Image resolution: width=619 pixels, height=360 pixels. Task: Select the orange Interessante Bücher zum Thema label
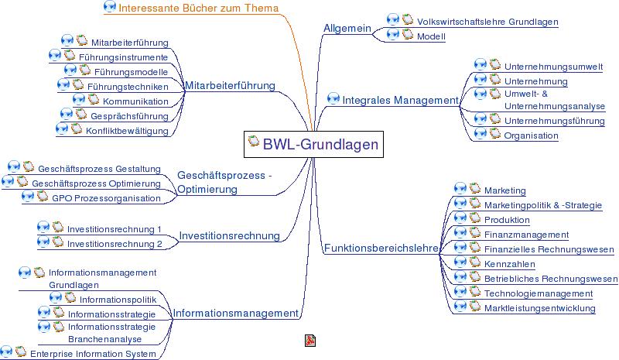click(198, 9)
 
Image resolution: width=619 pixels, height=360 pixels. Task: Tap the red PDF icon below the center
click(309, 341)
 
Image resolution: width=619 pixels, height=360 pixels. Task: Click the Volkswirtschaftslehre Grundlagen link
click(487, 22)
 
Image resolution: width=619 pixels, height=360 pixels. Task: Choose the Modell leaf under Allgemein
click(431, 37)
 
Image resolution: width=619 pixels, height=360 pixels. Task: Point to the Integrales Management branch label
click(400, 100)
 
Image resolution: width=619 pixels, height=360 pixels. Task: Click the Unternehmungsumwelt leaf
click(553, 67)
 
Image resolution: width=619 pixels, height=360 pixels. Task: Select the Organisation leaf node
click(531, 135)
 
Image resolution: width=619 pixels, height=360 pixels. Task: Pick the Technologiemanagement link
click(538, 293)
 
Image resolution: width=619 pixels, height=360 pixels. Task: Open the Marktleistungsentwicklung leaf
click(539, 308)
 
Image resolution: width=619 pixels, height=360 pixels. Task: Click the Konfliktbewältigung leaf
click(127, 131)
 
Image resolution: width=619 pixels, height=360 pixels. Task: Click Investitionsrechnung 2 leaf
click(115, 244)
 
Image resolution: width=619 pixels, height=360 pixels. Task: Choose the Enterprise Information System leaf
click(93, 354)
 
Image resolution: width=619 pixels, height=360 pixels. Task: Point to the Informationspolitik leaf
click(118, 300)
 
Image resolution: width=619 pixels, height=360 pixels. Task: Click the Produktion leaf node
click(507, 220)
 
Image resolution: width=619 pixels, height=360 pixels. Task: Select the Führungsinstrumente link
click(123, 57)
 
